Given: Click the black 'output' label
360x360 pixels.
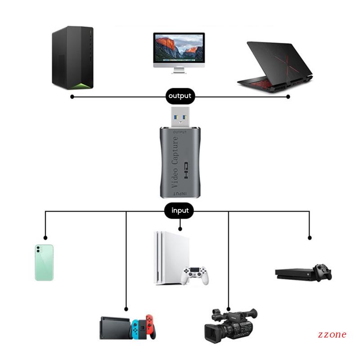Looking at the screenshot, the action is (180, 96).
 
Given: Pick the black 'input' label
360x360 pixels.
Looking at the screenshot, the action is (180, 210).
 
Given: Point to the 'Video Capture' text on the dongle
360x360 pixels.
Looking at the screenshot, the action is (175, 162).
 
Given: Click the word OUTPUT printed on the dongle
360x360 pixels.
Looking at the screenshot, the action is (180, 132).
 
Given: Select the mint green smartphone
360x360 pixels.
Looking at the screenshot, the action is (44, 263).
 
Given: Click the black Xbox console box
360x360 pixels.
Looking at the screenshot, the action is (295, 273).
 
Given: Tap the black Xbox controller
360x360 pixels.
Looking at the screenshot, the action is (323, 272).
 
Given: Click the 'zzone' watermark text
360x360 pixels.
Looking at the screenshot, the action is (332, 334).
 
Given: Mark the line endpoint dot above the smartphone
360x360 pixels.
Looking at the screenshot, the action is (45, 238).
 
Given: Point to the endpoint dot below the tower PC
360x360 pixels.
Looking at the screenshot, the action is (72, 96).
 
